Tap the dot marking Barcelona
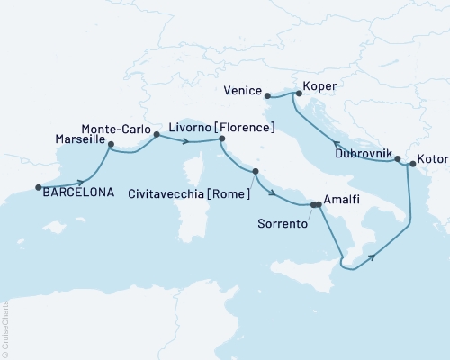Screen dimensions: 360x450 pos(39,187)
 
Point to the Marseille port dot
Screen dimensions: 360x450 pos(111,144)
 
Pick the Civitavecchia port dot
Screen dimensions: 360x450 pos(256,171)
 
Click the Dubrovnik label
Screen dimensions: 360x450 pos(363,154)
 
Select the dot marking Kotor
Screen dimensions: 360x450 pos(411,164)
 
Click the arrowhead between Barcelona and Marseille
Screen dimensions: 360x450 pos(81,181)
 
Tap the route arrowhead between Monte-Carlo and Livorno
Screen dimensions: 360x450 pos(184,142)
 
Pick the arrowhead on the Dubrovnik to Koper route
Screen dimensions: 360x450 pos(335,143)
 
